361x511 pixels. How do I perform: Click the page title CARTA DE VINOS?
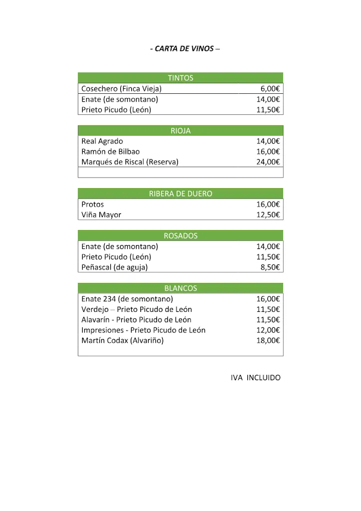point(184,49)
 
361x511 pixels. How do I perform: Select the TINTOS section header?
point(180,78)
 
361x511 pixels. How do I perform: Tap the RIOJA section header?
point(180,131)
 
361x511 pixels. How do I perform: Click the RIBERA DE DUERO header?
point(180,194)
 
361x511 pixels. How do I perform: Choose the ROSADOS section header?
point(180,236)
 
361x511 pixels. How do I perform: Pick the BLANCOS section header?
point(180,288)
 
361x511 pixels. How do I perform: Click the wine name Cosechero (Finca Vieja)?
point(121,89)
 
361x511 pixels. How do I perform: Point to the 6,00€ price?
point(270,89)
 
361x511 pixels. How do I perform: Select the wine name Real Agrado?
point(102,141)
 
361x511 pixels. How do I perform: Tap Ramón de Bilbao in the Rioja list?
point(110,152)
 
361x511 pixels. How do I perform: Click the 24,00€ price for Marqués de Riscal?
point(268,162)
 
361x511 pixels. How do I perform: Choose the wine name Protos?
point(93,205)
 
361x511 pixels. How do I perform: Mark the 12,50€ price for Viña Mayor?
point(268,215)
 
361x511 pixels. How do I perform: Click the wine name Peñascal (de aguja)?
point(114,267)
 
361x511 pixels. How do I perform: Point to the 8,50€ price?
point(270,267)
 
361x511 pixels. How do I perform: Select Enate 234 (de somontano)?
point(127,299)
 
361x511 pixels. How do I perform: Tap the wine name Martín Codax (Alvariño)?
point(122,341)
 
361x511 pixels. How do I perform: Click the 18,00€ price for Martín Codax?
point(268,341)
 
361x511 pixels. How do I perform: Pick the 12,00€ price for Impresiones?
point(268,330)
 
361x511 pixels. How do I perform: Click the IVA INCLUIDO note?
point(255,378)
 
